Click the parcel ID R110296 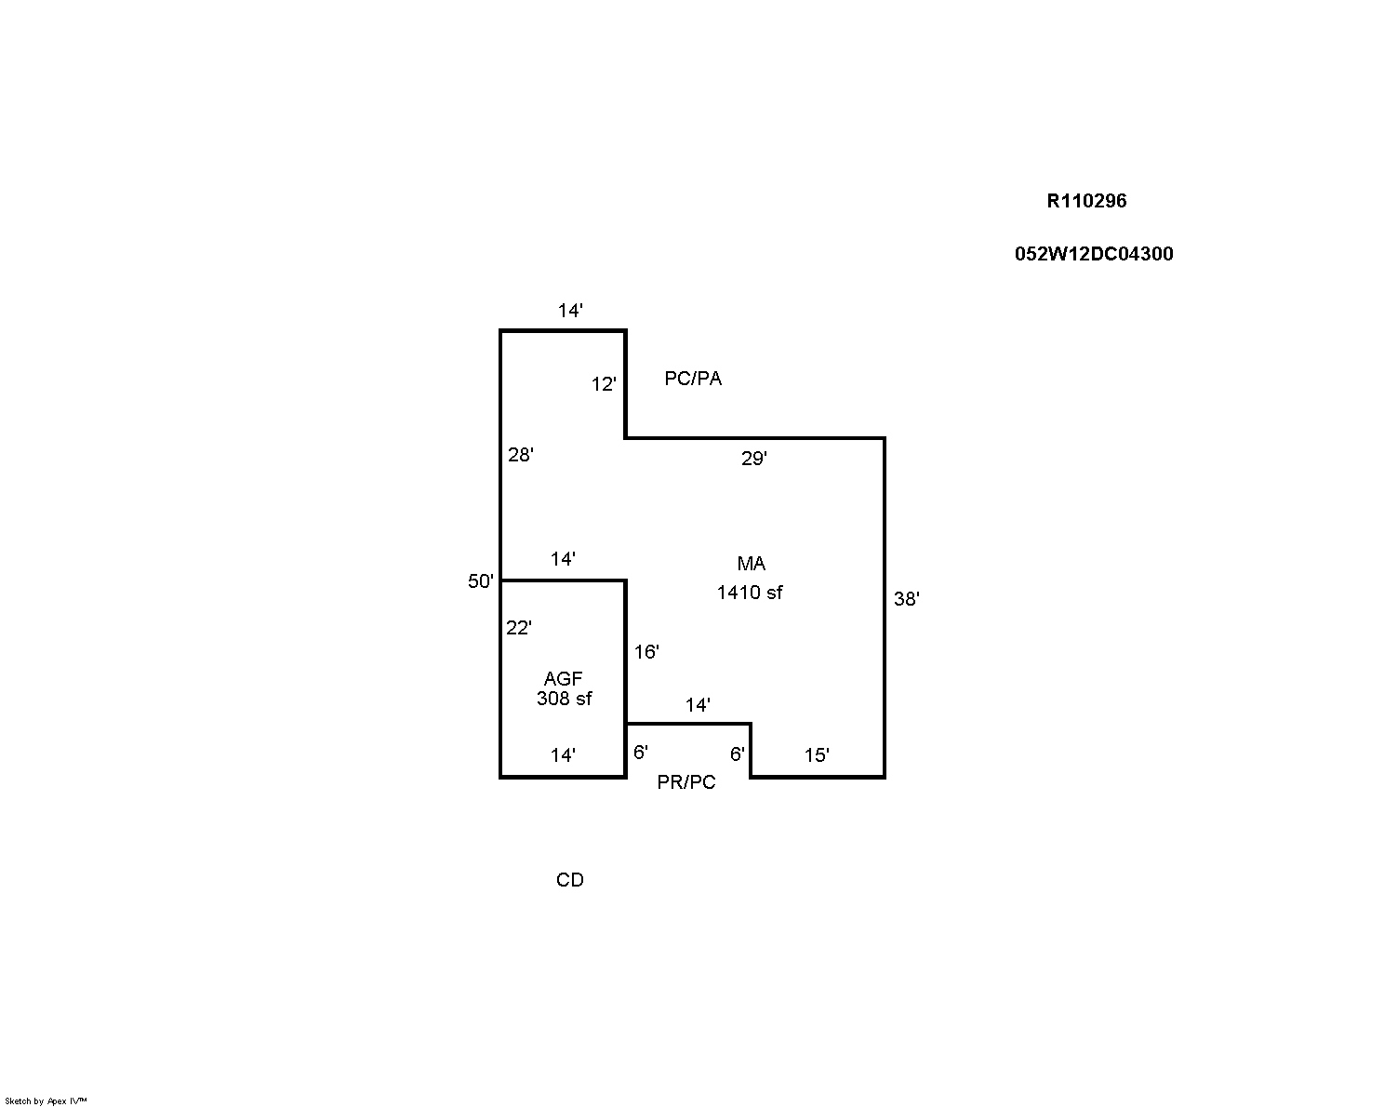(1086, 201)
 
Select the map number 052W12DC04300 (1093, 254)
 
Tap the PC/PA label (693, 379)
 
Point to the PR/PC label (685, 782)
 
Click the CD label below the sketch (569, 880)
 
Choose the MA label (751, 564)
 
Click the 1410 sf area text (750, 593)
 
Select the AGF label (563, 678)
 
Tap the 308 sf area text (564, 699)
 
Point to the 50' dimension (481, 581)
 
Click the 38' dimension (906, 599)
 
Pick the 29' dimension (753, 459)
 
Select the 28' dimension (520, 455)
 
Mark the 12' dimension (604, 384)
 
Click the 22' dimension (518, 627)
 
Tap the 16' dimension (646, 651)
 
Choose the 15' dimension (817, 755)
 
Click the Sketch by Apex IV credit (46, 1100)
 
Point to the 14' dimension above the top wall (570, 311)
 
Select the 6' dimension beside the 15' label (737, 754)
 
